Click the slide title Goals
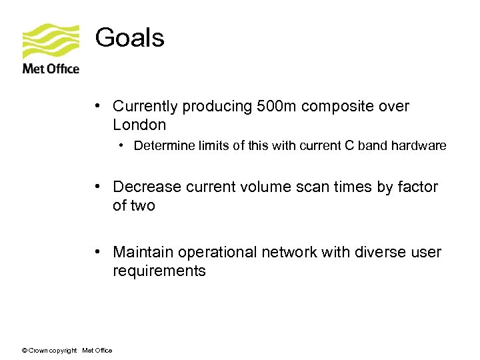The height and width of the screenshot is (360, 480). [x=129, y=38]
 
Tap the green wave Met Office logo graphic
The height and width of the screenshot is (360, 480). [x=51, y=41]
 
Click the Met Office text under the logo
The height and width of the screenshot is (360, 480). [x=51, y=69]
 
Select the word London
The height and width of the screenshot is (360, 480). [x=139, y=125]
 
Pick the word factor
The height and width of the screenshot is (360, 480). [x=418, y=187]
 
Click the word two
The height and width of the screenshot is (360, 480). [x=143, y=206]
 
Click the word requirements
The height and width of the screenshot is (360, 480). [x=159, y=271]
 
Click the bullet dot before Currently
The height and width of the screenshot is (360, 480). [x=97, y=106]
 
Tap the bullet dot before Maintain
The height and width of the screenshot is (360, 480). [x=97, y=252]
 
